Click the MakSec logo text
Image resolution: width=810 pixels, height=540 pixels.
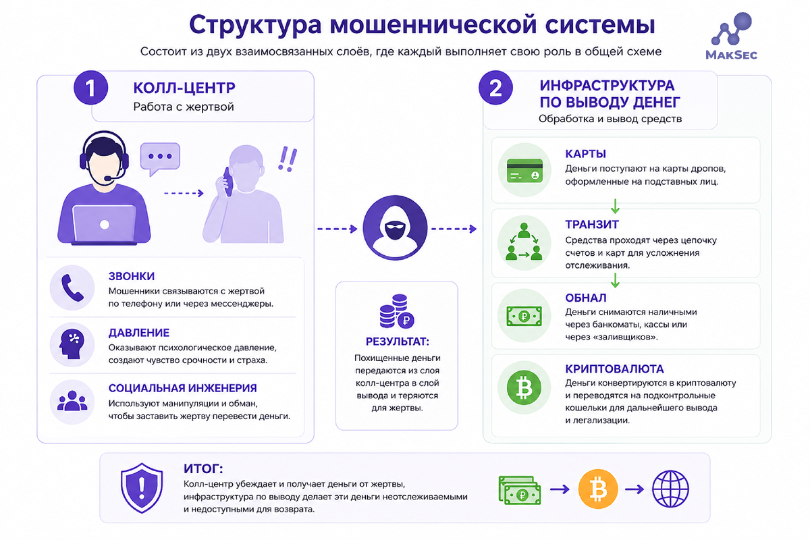click(x=731, y=55)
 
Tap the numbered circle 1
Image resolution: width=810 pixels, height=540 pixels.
click(x=90, y=88)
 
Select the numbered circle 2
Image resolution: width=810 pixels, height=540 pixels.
click(x=495, y=88)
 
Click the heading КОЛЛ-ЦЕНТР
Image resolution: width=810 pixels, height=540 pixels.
click(x=184, y=88)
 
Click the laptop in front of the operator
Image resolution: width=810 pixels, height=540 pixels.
click(x=105, y=225)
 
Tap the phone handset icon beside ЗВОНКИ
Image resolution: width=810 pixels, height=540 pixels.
click(x=72, y=288)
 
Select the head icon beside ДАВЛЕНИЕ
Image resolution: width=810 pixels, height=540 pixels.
click(x=72, y=344)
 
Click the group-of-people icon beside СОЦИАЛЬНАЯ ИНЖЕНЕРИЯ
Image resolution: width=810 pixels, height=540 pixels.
click(x=72, y=401)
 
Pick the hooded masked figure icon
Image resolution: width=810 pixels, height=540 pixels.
click(x=395, y=227)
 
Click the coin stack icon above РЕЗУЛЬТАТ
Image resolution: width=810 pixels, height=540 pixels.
click(x=397, y=311)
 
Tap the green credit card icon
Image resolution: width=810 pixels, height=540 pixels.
click(x=524, y=170)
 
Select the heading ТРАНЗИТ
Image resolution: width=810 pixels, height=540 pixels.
click(x=592, y=225)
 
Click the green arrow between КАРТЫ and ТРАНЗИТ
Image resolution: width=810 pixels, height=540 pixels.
click(x=615, y=206)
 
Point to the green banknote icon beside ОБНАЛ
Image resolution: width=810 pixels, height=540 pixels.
click(x=524, y=316)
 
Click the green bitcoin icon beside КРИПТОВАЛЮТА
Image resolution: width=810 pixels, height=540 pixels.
click(x=524, y=388)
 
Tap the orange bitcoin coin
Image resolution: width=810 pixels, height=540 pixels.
click(x=598, y=489)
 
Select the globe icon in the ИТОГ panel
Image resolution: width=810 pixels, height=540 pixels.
click(x=670, y=489)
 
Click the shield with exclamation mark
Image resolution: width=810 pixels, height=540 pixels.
click(x=142, y=487)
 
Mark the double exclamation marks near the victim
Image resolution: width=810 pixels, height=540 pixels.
click(x=288, y=159)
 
